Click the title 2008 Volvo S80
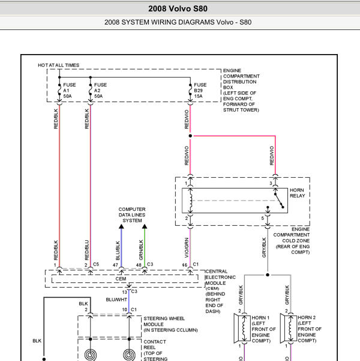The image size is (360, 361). pyautogui.click(x=178, y=9)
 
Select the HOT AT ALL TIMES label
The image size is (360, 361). pyautogui.click(x=58, y=65)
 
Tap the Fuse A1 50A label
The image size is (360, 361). pyautogui.click(x=69, y=91)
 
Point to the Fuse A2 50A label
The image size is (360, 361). pyautogui.click(x=100, y=91)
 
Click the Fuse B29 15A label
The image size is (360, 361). pyautogui.click(x=200, y=91)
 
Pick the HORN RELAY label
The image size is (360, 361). pyautogui.click(x=297, y=193)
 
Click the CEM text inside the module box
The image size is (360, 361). pyautogui.click(x=121, y=279)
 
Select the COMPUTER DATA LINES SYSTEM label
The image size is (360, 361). pyautogui.click(x=132, y=215)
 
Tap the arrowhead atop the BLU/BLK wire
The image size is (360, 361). pyautogui.click(x=121, y=226)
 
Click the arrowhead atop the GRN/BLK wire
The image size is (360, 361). pyautogui.click(x=145, y=226)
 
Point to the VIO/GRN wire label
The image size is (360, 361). pyautogui.click(x=187, y=247)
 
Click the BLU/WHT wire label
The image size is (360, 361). pyautogui.click(x=116, y=300)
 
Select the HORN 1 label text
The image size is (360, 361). pyautogui.click(x=260, y=318)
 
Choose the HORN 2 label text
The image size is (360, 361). pyautogui.click(x=307, y=318)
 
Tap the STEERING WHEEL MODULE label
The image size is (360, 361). pyautogui.click(x=170, y=324)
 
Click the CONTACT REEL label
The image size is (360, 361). pyautogui.click(x=155, y=345)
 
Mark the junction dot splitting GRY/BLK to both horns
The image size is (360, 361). pyautogui.click(x=268, y=275)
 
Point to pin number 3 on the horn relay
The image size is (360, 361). pyautogui.click(x=271, y=183)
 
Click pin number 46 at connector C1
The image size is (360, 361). pyautogui.click(x=184, y=265)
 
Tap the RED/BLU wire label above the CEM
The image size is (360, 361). pyautogui.click(x=87, y=250)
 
